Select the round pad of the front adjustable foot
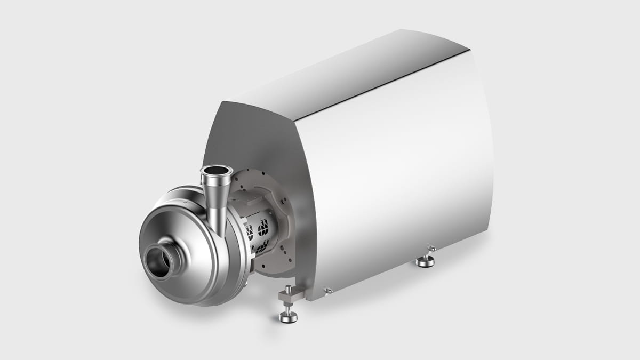[288, 318]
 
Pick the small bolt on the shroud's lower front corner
[328, 290]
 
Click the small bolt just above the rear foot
[431, 247]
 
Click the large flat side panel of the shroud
[395, 176]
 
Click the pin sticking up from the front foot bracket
[287, 290]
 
